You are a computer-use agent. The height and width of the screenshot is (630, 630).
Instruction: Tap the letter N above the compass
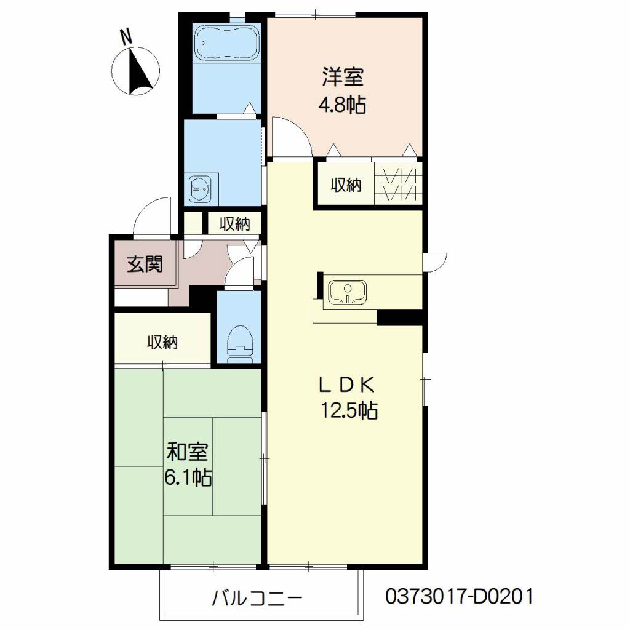127,37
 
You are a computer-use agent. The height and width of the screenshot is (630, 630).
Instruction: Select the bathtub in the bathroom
225,42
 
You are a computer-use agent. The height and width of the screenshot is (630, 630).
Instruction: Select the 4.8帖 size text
341,105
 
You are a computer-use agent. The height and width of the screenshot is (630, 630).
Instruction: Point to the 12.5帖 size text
348,410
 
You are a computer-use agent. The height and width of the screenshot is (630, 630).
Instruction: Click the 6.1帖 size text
188,477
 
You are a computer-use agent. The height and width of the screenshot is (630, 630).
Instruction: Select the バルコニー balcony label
258,597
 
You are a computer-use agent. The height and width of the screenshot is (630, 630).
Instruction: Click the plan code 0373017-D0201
459,596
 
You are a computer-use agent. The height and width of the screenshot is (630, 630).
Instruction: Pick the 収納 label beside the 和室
162,342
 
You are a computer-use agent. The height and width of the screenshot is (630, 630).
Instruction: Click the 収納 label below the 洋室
346,184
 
